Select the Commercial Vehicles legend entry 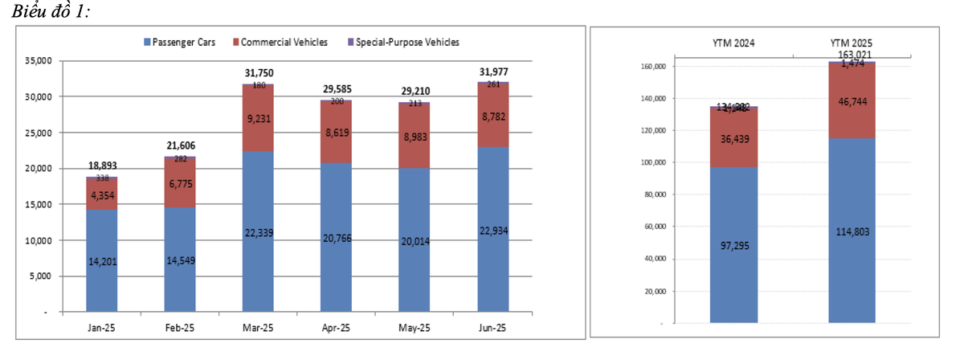click(x=284, y=42)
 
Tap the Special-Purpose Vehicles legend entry click(x=407, y=42)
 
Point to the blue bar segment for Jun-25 click(x=492, y=265)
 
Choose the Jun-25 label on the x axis click(x=492, y=328)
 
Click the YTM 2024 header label click(x=733, y=43)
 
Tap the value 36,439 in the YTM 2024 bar click(x=733, y=138)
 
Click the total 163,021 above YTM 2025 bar click(x=852, y=55)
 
